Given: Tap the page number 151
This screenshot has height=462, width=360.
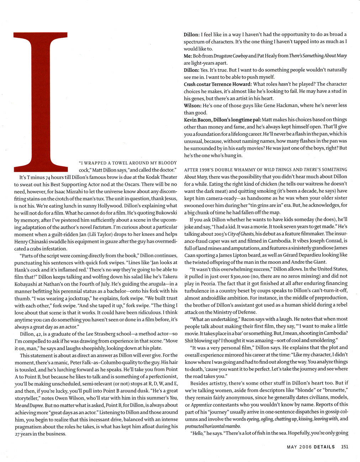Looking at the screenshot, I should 344,447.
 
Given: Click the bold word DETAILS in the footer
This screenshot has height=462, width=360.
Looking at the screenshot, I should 324,447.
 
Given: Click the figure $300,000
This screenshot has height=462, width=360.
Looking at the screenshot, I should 240,276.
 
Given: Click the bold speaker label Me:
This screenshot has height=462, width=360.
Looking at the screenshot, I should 188,56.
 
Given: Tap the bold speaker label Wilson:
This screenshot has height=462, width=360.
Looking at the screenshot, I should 192,106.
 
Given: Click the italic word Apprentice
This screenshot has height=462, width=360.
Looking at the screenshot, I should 201,405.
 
